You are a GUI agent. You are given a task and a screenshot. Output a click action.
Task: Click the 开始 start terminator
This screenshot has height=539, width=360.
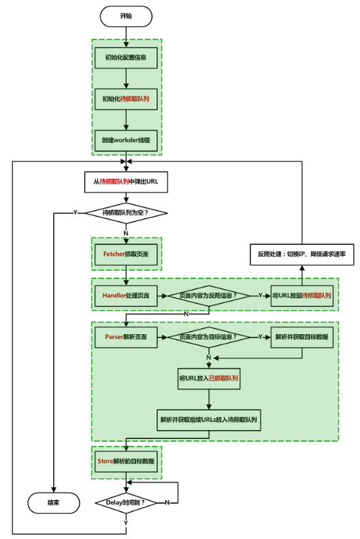coord(126,16)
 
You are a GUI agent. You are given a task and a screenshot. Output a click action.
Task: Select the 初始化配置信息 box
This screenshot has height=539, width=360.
coord(126,58)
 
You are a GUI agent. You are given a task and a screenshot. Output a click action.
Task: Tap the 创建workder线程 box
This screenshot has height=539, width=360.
coord(126,140)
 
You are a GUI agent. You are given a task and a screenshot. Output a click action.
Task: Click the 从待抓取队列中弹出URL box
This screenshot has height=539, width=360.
coord(126,182)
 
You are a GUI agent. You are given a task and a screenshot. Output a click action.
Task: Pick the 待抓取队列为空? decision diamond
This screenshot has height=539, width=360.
coord(126,213)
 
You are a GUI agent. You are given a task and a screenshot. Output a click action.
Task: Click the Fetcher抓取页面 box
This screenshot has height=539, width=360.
coord(126,255)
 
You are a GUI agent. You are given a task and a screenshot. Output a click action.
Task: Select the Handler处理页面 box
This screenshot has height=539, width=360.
coord(126,295)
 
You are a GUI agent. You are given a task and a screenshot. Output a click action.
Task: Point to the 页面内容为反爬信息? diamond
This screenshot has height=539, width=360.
coord(209,295)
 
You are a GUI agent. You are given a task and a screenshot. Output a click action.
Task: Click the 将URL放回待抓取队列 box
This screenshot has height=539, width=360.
coord(302,295)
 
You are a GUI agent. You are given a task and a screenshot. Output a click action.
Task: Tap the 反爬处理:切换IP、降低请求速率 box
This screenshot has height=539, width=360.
coord(302,255)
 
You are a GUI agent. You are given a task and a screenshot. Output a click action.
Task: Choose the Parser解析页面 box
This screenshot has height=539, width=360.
coord(126,338)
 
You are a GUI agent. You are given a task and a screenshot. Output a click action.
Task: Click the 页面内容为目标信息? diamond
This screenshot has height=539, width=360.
coord(209,338)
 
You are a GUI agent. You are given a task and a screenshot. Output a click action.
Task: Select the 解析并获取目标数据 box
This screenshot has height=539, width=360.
coord(302,338)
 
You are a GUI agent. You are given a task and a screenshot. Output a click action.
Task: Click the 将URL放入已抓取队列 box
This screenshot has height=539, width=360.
coord(209,378)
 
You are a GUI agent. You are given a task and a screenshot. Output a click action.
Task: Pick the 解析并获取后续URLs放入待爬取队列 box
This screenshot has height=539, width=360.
coord(209,420)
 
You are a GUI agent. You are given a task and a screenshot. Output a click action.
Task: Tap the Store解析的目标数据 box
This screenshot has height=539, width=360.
coord(126,461)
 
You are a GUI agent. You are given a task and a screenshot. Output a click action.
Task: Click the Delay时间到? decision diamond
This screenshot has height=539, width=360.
coord(126,503)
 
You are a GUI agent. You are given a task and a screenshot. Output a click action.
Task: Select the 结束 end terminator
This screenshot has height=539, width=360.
coord(54,503)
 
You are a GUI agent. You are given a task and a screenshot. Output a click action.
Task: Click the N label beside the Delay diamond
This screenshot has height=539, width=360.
coord(167,502)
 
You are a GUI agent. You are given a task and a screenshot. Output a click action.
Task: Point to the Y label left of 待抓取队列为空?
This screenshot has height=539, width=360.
coord(76,213)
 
